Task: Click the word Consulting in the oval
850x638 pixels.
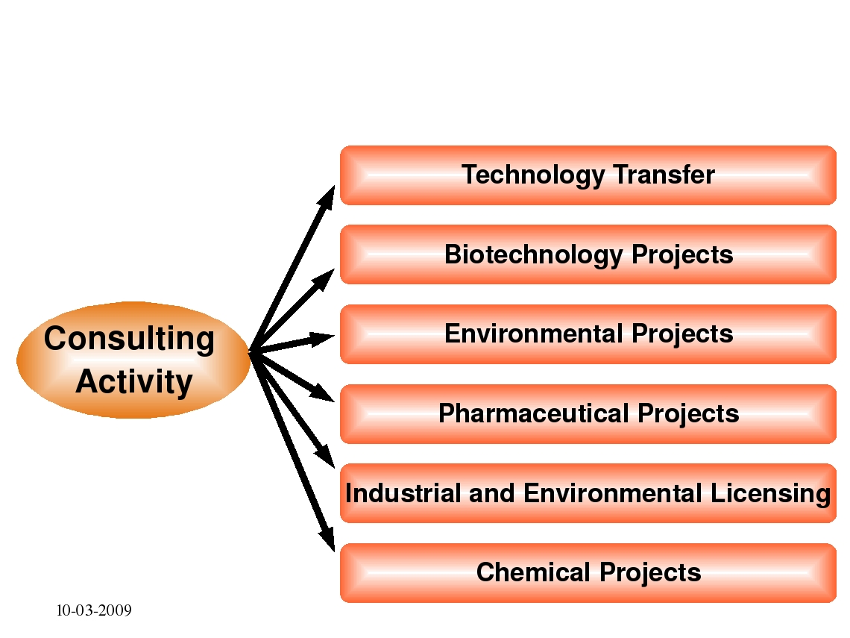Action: (129, 339)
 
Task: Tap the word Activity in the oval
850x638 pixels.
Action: (134, 382)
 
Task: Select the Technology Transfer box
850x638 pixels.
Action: (588, 175)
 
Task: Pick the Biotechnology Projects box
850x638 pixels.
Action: (588, 254)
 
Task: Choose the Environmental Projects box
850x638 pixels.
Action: (588, 334)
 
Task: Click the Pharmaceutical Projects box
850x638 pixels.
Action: (588, 414)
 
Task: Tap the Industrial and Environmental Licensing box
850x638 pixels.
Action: (588, 493)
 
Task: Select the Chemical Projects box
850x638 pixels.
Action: (588, 573)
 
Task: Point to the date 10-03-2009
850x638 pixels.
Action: (94, 610)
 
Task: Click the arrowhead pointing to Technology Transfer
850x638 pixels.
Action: (327, 196)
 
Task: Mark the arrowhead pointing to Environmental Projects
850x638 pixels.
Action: (322, 339)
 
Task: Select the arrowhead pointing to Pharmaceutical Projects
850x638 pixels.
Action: (323, 393)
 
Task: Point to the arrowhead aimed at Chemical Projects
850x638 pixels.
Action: (327, 540)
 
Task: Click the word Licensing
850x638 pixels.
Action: (770, 494)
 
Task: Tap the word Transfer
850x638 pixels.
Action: (664, 175)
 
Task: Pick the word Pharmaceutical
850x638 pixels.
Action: (535, 413)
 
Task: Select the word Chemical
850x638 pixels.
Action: (533, 572)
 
